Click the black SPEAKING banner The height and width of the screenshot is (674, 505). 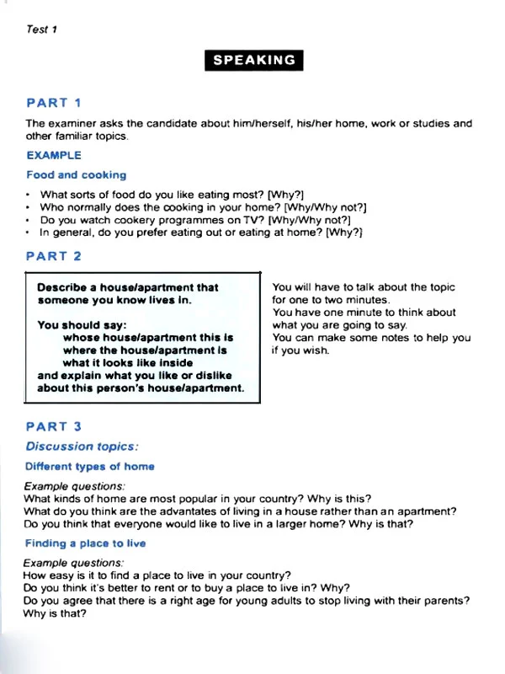[253, 61]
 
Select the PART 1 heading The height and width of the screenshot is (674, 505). [54, 103]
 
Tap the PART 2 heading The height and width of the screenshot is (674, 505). [54, 255]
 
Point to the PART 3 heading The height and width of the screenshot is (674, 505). [54, 427]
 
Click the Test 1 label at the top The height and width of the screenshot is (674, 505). [41, 29]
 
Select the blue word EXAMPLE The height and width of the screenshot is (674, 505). [54, 155]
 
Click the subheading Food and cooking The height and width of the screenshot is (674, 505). [77, 175]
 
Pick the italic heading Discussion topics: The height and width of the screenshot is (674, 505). [82, 447]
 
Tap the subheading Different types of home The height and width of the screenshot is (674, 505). [90, 466]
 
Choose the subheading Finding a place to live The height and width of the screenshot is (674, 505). [85, 543]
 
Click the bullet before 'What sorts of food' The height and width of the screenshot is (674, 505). [29, 195]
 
